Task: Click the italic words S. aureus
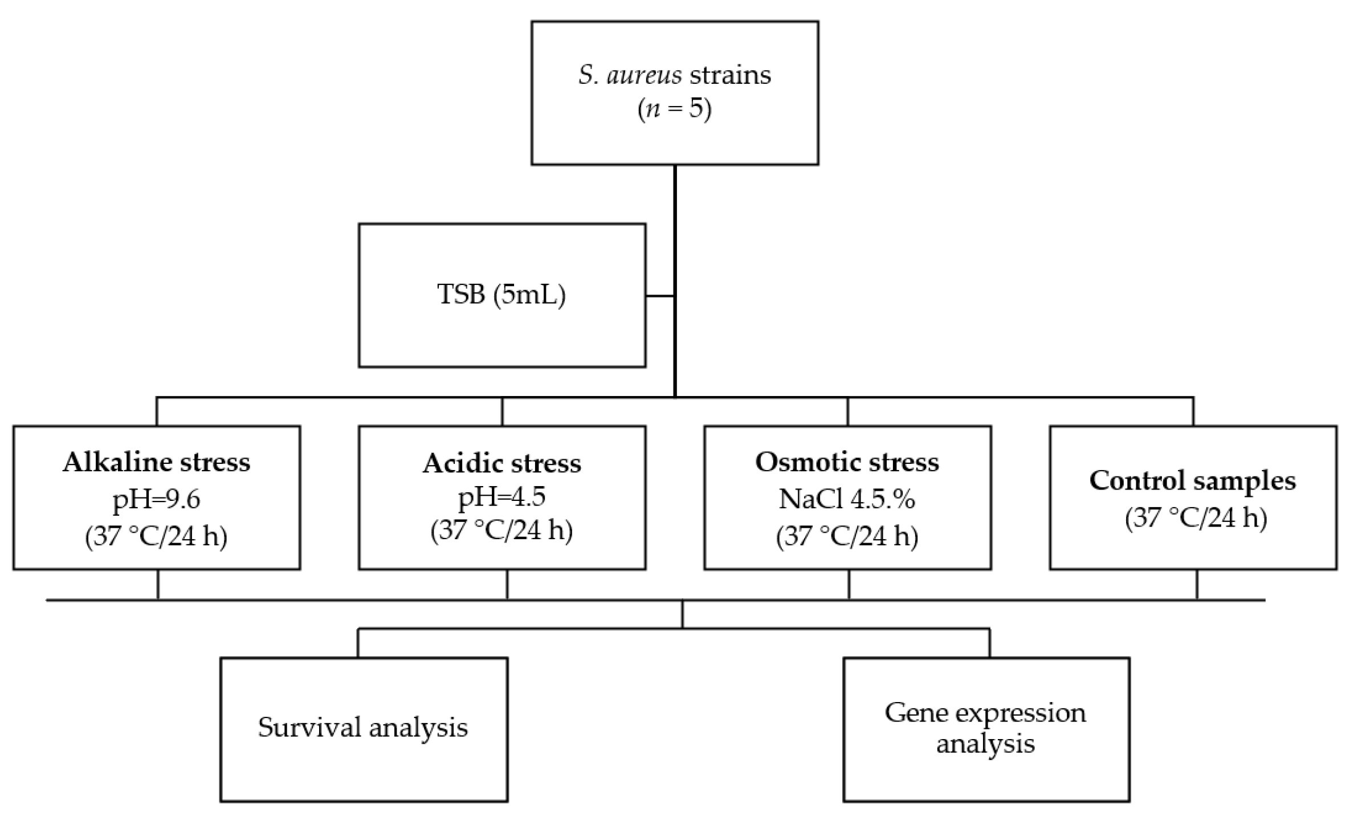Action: click(x=630, y=75)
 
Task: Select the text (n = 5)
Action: click(x=674, y=108)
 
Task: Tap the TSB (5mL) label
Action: click(x=501, y=295)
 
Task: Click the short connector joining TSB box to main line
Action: click(x=660, y=296)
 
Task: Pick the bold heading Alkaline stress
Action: click(x=156, y=462)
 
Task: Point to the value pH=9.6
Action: click(x=156, y=499)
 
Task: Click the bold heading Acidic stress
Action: click(x=501, y=463)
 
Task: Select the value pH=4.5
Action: click(x=501, y=496)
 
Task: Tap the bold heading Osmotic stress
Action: click(x=847, y=462)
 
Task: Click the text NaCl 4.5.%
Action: click(x=847, y=499)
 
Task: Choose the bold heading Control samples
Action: click(x=1192, y=480)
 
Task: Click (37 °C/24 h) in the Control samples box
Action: click(x=1196, y=518)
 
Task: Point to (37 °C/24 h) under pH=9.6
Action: click(x=156, y=536)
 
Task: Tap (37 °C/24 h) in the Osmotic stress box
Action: click(x=847, y=536)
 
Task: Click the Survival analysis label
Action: click(x=363, y=728)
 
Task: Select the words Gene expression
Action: click(x=985, y=713)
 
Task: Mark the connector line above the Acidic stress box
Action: click(x=502, y=411)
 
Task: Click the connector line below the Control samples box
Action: click(x=1197, y=584)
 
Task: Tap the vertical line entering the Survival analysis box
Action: click(x=358, y=643)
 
